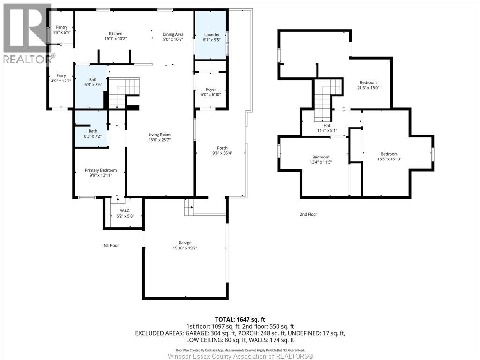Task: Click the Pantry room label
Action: [x=61, y=27]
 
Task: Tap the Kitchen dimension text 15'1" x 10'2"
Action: [x=116, y=39]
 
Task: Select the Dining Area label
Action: [x=173, y=34]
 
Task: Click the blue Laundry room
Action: [x=211, y=35]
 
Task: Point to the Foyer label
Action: [x=211, y=90]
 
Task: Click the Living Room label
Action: [x=159, y=135]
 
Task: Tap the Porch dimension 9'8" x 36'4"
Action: [x=223, y=153]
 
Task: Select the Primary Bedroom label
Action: [x=101, y=170]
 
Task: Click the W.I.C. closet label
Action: [x=125, y=210]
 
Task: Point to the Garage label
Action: [x=185, y=243]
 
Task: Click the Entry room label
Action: [x=61, y=76]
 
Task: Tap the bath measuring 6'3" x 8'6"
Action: [x=91, y=87]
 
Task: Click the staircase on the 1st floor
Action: [x=124, y=92]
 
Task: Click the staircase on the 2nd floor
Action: [x=328, y=100]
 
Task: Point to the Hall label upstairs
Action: [x=327, y=126]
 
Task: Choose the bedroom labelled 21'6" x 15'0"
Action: [x=368, y=82]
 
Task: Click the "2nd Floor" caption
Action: [x=308, y=214]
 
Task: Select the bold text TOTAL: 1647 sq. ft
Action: [x=240, y=320]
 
